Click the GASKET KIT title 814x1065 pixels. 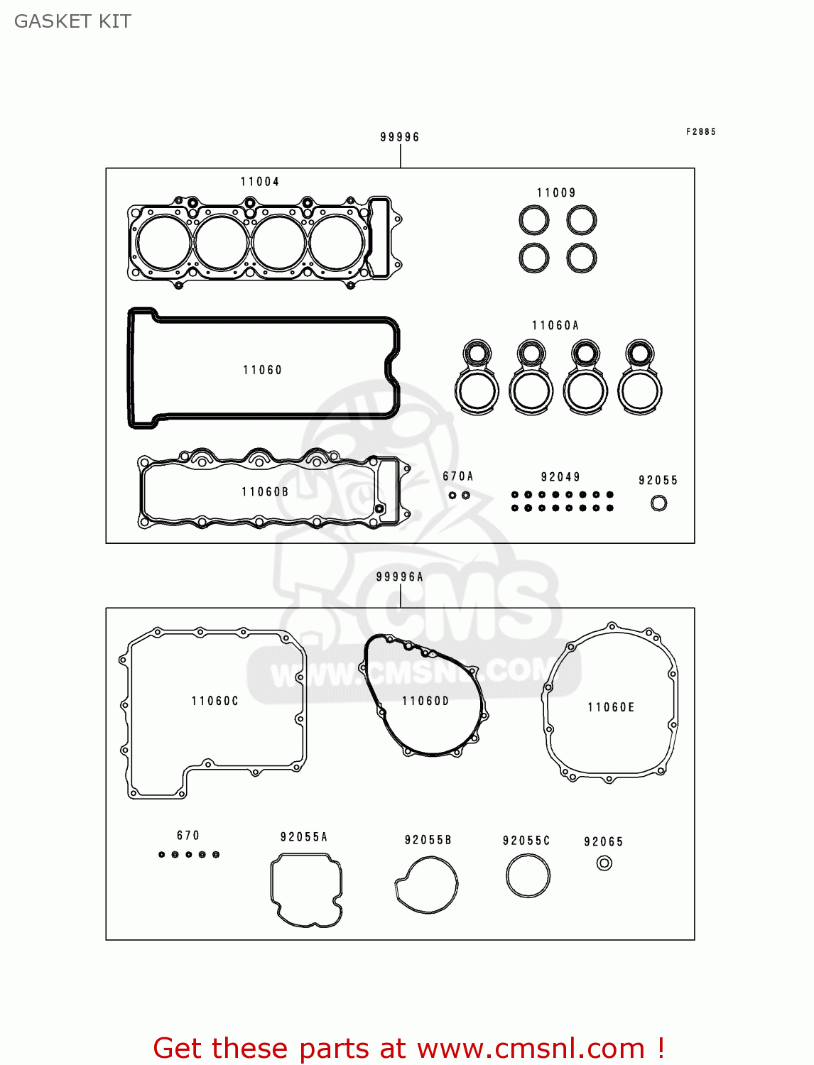(x=72, y=21)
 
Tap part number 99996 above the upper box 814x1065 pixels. (x=400, y=137)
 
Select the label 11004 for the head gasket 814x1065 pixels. (x=260, y=182)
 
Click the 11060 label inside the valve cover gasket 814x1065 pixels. (x=263, y=370)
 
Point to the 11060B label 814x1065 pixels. (x=265, y=492)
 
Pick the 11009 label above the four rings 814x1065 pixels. (x=556, y=193)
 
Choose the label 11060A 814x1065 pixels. (x=555, y=326)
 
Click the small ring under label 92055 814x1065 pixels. (x=658, y=503)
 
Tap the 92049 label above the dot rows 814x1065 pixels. (x=560, y=477)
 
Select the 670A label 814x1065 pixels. (x=458, y=476)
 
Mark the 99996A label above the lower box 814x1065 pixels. (x=400, y=577)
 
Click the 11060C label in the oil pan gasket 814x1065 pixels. (x=215, y=701)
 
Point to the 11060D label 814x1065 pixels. (x=425, y=701)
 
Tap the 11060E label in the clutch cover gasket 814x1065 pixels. (x=611, y=707)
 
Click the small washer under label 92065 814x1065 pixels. (x=604, y=863)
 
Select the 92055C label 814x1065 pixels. (x=526, y=841)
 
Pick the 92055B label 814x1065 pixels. (x=428, y=840)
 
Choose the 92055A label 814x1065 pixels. (x=304, y=837)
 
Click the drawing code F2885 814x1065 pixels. (x=701, y=132)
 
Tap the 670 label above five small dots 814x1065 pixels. (x=188, y=836)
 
